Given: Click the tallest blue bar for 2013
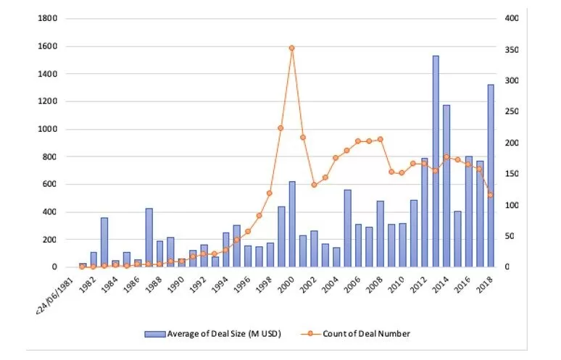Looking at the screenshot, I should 436,161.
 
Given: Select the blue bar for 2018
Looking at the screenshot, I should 491,176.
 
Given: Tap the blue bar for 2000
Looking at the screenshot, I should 292,224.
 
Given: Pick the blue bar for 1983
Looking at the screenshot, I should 104,242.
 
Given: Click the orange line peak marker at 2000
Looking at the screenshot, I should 292,48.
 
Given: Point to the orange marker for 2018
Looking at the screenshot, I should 491,195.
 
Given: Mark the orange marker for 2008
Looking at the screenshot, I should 381,139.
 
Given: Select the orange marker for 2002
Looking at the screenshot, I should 314,185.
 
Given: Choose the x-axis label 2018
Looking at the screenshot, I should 486,284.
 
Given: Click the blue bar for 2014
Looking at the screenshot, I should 446,186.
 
